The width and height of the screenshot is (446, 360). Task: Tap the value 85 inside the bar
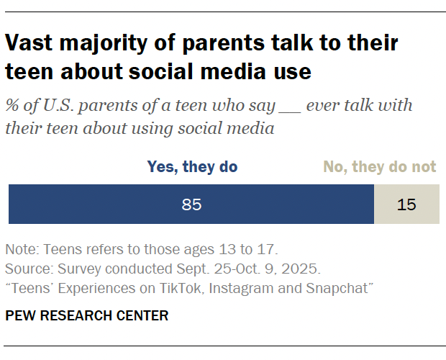point(191,204)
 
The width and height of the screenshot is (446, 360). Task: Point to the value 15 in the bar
point(406,204)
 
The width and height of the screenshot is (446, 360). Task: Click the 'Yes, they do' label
point(192,167)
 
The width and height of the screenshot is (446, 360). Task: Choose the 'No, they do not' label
point(379,167)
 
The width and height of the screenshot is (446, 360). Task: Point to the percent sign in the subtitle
point(12,106)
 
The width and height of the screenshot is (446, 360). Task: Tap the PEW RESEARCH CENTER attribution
point(87,315)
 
